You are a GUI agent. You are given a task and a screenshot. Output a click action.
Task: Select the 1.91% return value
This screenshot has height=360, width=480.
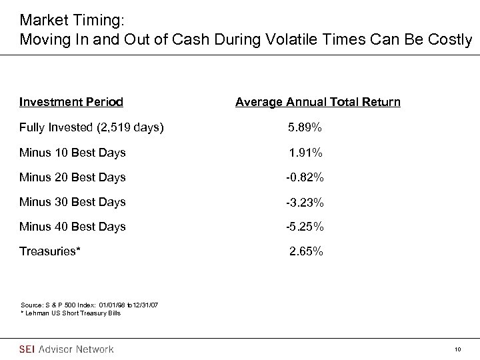tap(306, 153)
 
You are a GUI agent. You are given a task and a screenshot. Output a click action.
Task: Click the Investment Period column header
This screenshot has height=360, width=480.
tap(71, 102)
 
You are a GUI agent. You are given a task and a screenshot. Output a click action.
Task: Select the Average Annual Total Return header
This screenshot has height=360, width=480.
tap(318, 102)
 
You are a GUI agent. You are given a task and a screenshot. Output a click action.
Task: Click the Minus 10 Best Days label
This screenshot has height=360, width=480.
tap(73, 153)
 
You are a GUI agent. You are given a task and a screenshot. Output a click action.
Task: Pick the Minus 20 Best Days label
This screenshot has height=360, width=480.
tap(73, 177)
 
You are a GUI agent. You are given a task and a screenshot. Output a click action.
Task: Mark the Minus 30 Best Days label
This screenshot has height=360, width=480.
tap(73, 202)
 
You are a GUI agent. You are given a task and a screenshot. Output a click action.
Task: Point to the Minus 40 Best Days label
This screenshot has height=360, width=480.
tap(73, 227)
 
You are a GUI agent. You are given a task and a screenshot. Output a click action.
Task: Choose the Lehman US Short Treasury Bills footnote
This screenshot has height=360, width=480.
tap(70, 313)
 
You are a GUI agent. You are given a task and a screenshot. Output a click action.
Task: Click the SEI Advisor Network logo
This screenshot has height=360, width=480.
tap(67, 349)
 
